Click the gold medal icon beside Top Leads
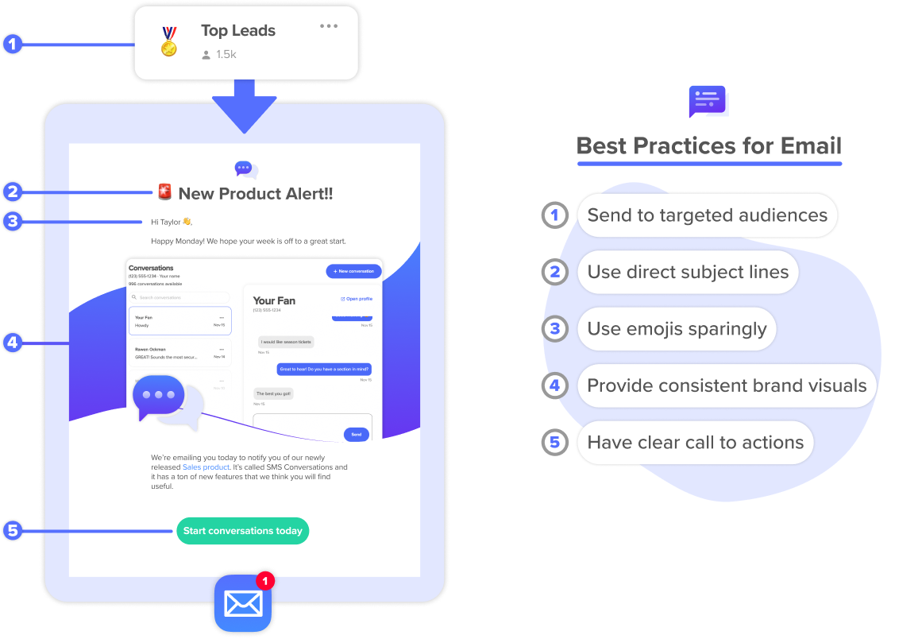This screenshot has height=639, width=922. pos(169,42)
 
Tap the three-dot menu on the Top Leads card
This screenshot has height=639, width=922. pos(329,26)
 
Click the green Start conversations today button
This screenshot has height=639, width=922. pos(242,531)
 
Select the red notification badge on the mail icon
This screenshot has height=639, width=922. pos(265,580)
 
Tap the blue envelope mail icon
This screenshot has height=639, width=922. pos(242,603)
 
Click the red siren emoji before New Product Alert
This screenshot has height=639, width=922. pos(164,192)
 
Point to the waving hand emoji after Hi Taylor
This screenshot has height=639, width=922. pos(187,222)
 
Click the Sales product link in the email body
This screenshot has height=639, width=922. pos(206,467)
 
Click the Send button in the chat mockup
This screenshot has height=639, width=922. pos(357,435)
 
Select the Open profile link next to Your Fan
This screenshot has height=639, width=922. pos(357,299)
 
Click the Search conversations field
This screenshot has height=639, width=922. pos(179,297)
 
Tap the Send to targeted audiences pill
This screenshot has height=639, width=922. pos(707,215)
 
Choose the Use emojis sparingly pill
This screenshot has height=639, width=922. pos(677,329)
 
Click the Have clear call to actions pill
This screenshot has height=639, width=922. pos(695,443)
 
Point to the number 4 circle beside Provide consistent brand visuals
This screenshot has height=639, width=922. pos(555,386)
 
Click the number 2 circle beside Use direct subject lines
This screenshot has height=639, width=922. pos(555,272)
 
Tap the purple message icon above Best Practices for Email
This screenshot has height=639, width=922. pos(707,101)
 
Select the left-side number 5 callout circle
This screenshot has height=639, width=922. pos(13,530)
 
